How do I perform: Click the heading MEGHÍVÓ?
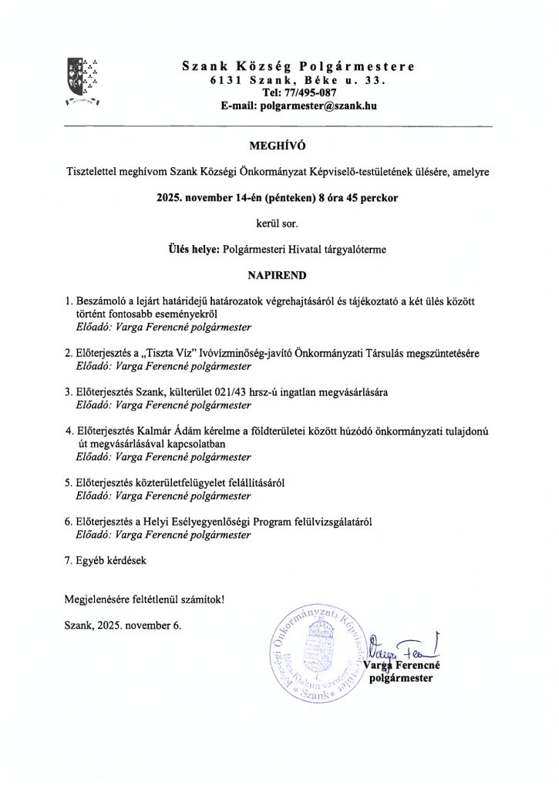click(279, 143)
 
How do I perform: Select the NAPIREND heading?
click(279, 274)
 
